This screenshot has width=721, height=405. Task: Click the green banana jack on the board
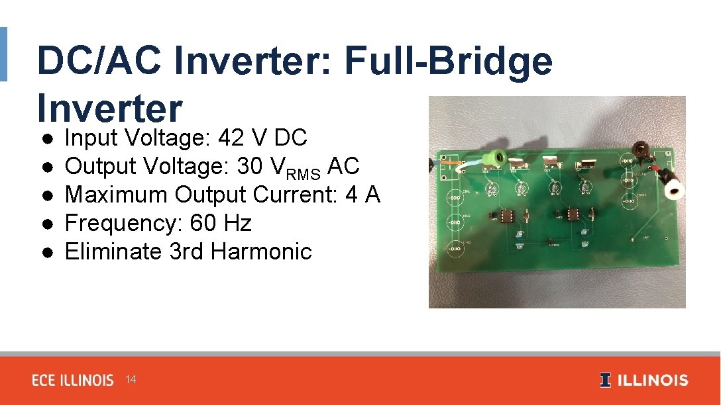(494, 157)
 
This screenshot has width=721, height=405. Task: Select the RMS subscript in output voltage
(304, 173)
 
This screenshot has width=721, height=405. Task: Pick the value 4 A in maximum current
(366, 195)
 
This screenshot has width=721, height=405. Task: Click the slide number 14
(131, 380)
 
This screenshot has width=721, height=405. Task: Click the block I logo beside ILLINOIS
(605, 380)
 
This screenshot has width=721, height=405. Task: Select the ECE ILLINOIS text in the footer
(73, 381)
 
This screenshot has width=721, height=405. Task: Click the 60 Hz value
(221, 224)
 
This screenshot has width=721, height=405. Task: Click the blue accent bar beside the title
(3, 54)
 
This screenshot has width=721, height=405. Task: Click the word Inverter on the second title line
(109, 108)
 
